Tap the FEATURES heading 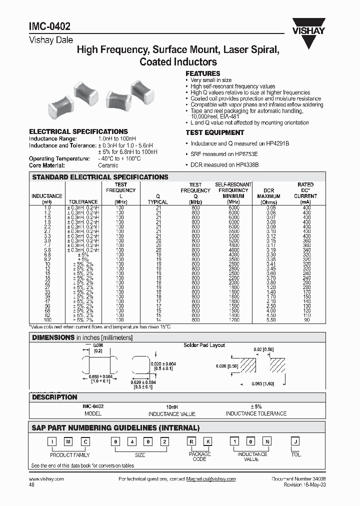click(x=202, y=73)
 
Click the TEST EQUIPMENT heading click(x=214, y=132)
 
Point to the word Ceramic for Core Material click(x=108, y=165)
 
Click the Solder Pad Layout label click(x=204, y=345)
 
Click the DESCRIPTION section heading click(x=54, y=397)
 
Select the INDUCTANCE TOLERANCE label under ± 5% click(x=256, y=413)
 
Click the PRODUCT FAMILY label click(x=70, y=455)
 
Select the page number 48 click(x=32, y=484)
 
